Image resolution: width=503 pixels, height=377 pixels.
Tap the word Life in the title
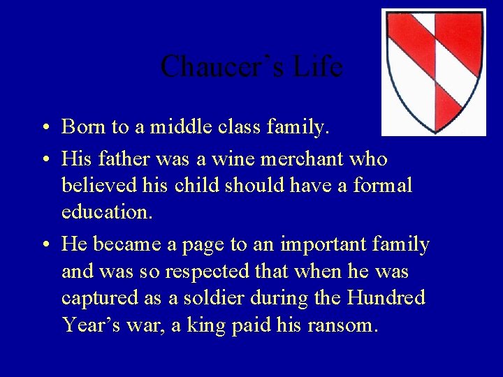pyautogui.click(x=318, y=67)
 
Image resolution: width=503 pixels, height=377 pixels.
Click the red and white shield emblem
pyautogui.click(x=434, y=70)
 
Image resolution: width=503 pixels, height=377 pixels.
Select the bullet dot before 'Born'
pyautogui.click(x=44, y=128)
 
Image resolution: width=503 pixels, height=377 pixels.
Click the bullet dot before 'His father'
pyautogui.click(x=44, y=160)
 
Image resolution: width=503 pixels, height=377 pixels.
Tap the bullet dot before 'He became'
pyautogui.click(x=44, y=246)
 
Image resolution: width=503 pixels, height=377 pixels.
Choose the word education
pyautogui.click(x=106, y=212)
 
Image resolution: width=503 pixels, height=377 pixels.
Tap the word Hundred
pyautogui.click(x=386, y=298)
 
